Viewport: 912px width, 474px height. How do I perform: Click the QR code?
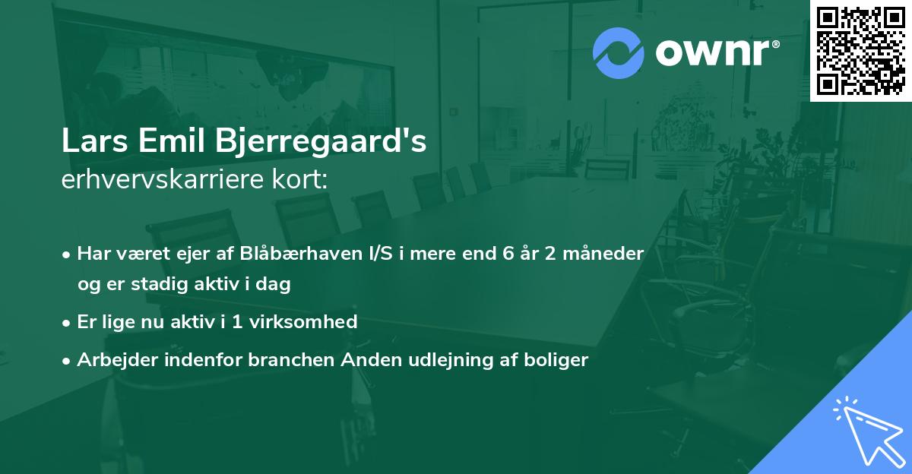[x=861, y=51]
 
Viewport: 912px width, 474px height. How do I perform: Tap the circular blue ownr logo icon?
[x=619, y=53]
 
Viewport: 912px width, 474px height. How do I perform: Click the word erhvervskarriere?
[x=157, y=181]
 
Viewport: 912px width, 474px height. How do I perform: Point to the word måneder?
[x=605, y=253]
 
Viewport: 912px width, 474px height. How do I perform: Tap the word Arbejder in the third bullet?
[x=111, y=360]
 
